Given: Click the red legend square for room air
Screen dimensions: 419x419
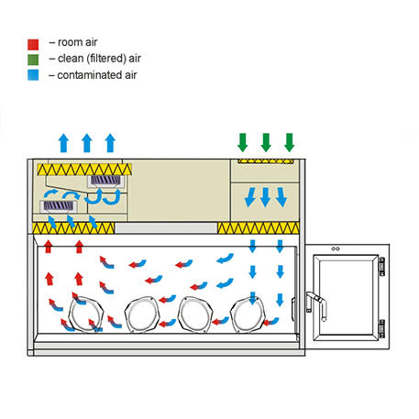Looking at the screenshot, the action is tap(33, 44).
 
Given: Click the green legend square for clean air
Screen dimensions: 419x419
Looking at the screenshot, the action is tap(33, 60).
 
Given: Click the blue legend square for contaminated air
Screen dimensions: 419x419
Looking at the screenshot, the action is tap(33, 75).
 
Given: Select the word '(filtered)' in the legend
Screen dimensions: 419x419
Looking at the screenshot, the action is tap(106, 59).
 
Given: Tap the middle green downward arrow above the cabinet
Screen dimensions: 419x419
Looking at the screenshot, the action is tap(266, 142).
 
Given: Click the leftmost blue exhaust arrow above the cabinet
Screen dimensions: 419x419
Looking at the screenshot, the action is tap(63, 143).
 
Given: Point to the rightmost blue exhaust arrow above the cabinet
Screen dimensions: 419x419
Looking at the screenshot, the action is tap(110, 143).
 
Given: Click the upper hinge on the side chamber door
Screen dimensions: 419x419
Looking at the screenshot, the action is tap(381, 267).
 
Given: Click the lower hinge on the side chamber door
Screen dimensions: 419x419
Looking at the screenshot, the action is tap(381, 328).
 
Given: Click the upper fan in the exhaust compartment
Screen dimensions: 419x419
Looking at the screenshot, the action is tap(105, 181).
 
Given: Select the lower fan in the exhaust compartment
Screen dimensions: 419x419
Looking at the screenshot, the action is tap(59, 206).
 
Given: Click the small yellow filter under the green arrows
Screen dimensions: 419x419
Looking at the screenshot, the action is tap(266, 161).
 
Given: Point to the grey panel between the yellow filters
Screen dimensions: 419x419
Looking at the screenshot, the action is tap(166, 228).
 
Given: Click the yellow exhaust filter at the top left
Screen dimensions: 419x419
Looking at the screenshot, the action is tap(84, 170).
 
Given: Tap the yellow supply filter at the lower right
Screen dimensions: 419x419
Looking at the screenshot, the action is tap(259, 228).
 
